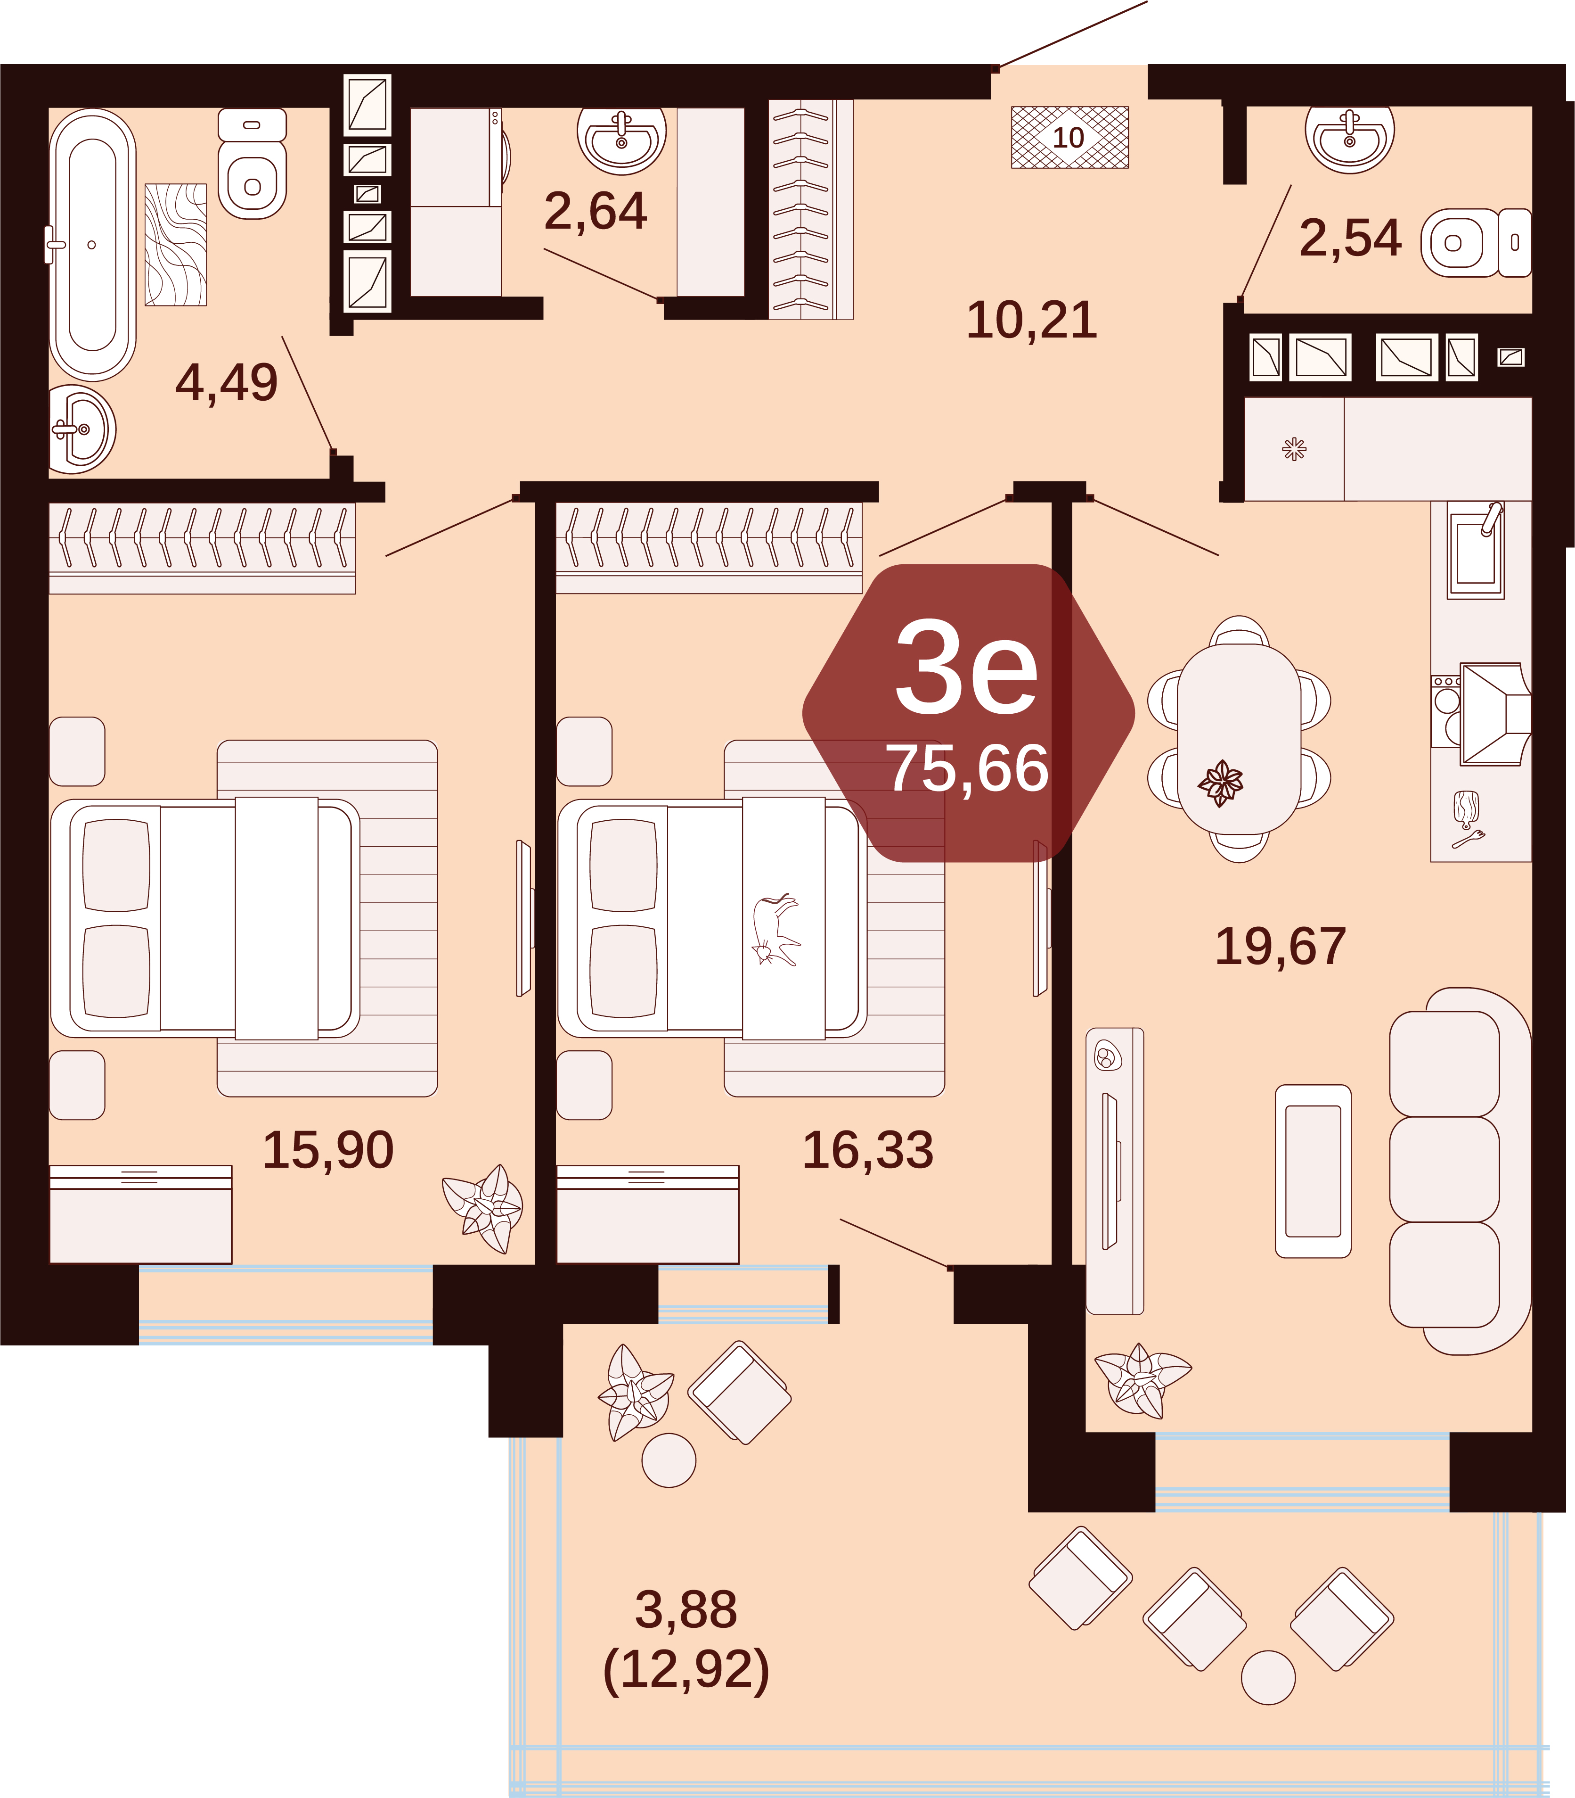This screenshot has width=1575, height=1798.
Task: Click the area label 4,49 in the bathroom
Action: (x=227, y=382)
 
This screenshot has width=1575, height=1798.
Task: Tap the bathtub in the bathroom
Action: (x=92, y=244)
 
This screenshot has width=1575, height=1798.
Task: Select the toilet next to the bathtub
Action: (x=252, y=164)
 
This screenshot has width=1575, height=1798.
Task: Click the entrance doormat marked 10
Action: (x=1069, y=137)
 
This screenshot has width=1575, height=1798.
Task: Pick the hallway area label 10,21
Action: (x=1032, y=320)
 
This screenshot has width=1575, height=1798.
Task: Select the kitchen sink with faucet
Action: (x=1477, y=550)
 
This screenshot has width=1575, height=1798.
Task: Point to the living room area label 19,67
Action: (x=1281, y=947)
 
